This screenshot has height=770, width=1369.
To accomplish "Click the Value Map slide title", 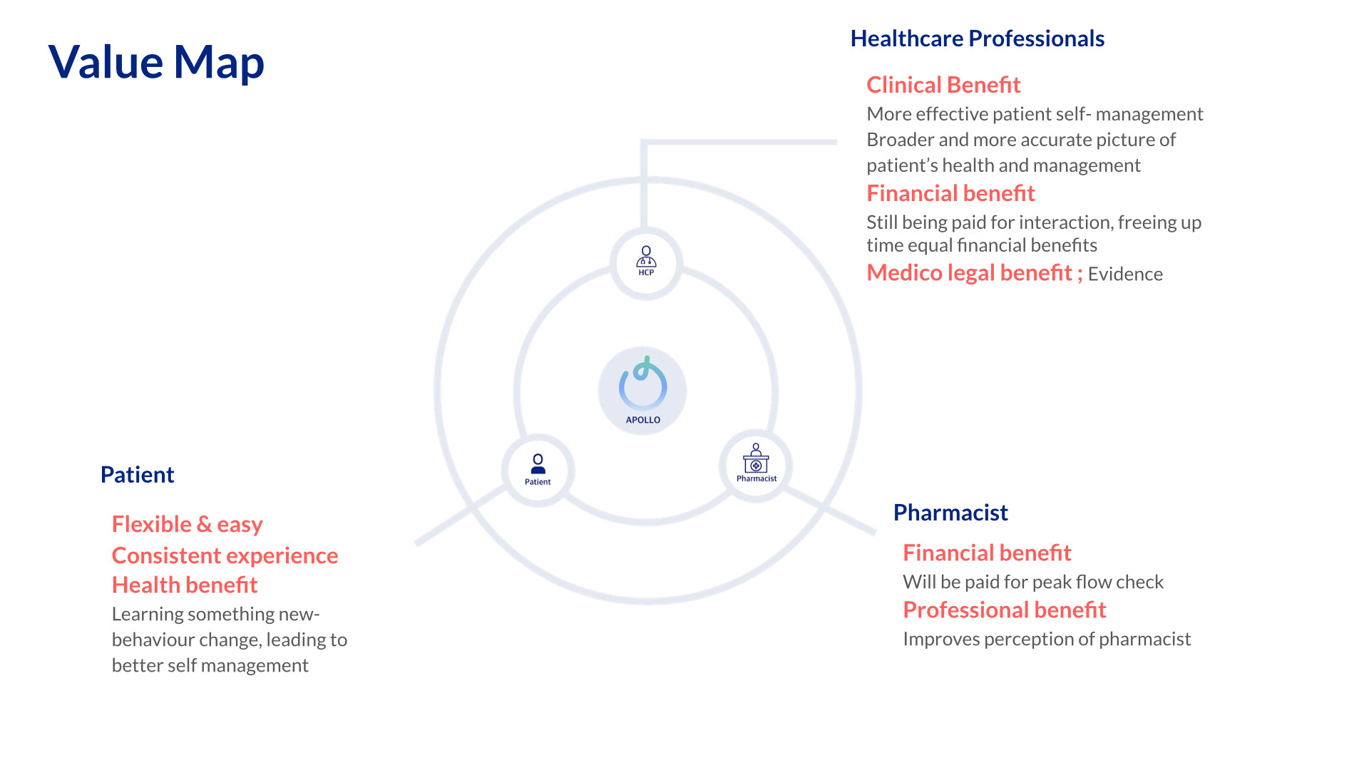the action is (x=156, y=62).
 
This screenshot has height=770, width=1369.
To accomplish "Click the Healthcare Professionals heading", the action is (x=978, y=38).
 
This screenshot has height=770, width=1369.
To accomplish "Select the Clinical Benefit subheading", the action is (x=943, y=85).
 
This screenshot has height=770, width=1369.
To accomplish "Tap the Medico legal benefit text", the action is (x=975, y=272).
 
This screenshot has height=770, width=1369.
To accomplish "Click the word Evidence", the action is (x=1125, y=274).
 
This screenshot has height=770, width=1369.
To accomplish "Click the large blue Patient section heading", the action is (x=137, y=475).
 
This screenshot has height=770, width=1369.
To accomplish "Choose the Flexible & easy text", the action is (x=188, y=525).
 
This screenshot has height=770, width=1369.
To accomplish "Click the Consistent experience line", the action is (x=225, y=556).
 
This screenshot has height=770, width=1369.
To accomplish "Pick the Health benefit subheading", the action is (x=185, y=585).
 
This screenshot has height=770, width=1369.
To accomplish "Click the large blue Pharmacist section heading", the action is (x=950, y=513).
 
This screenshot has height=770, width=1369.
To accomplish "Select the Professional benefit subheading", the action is (x=1004, y=610).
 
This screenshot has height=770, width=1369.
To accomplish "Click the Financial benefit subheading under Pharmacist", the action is (x=987, y=553).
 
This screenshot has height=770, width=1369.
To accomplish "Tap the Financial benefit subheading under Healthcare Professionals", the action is (x=950, y=193).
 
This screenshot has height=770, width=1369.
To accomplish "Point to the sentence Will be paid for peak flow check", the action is (x=1033, y=582).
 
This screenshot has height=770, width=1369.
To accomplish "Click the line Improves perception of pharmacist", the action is (x=1047, y=639).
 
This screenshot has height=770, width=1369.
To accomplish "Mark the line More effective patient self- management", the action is (x=1035, y=114).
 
